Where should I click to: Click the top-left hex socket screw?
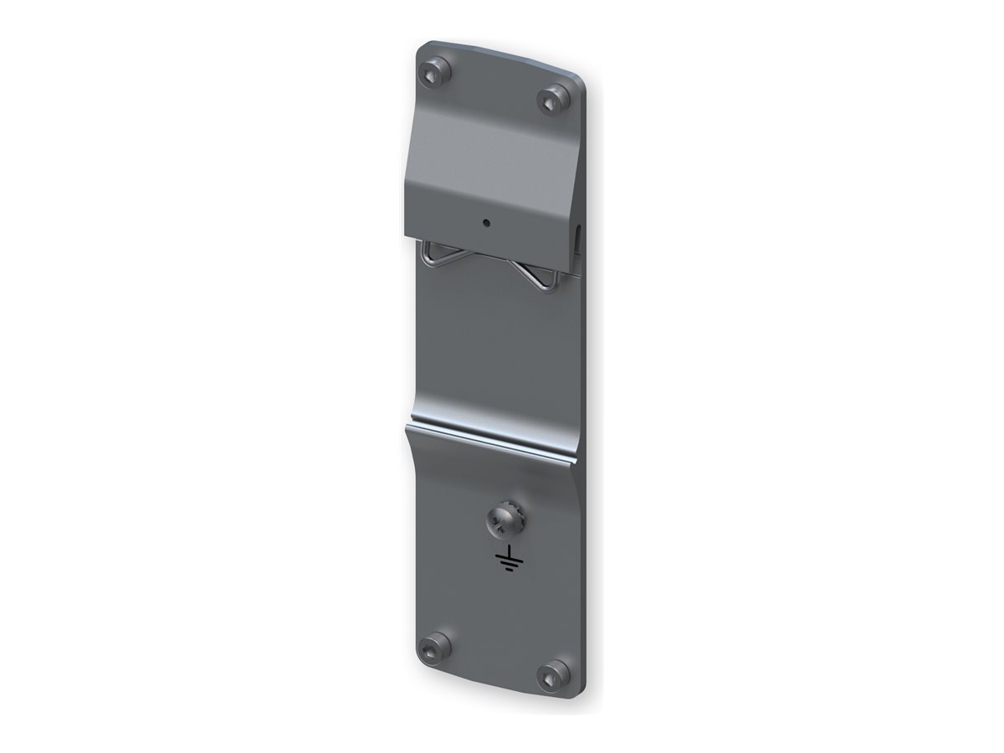point(436,72)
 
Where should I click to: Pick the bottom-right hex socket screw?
point(553,674)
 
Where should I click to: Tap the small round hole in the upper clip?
point(486,223)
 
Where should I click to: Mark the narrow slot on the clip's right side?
point(578,238)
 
